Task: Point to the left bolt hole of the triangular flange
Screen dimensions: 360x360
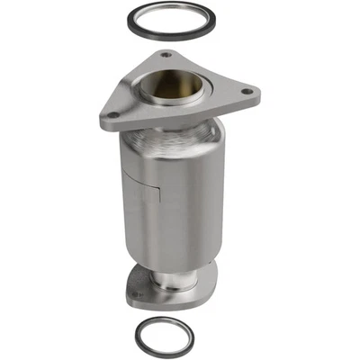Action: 112,115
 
